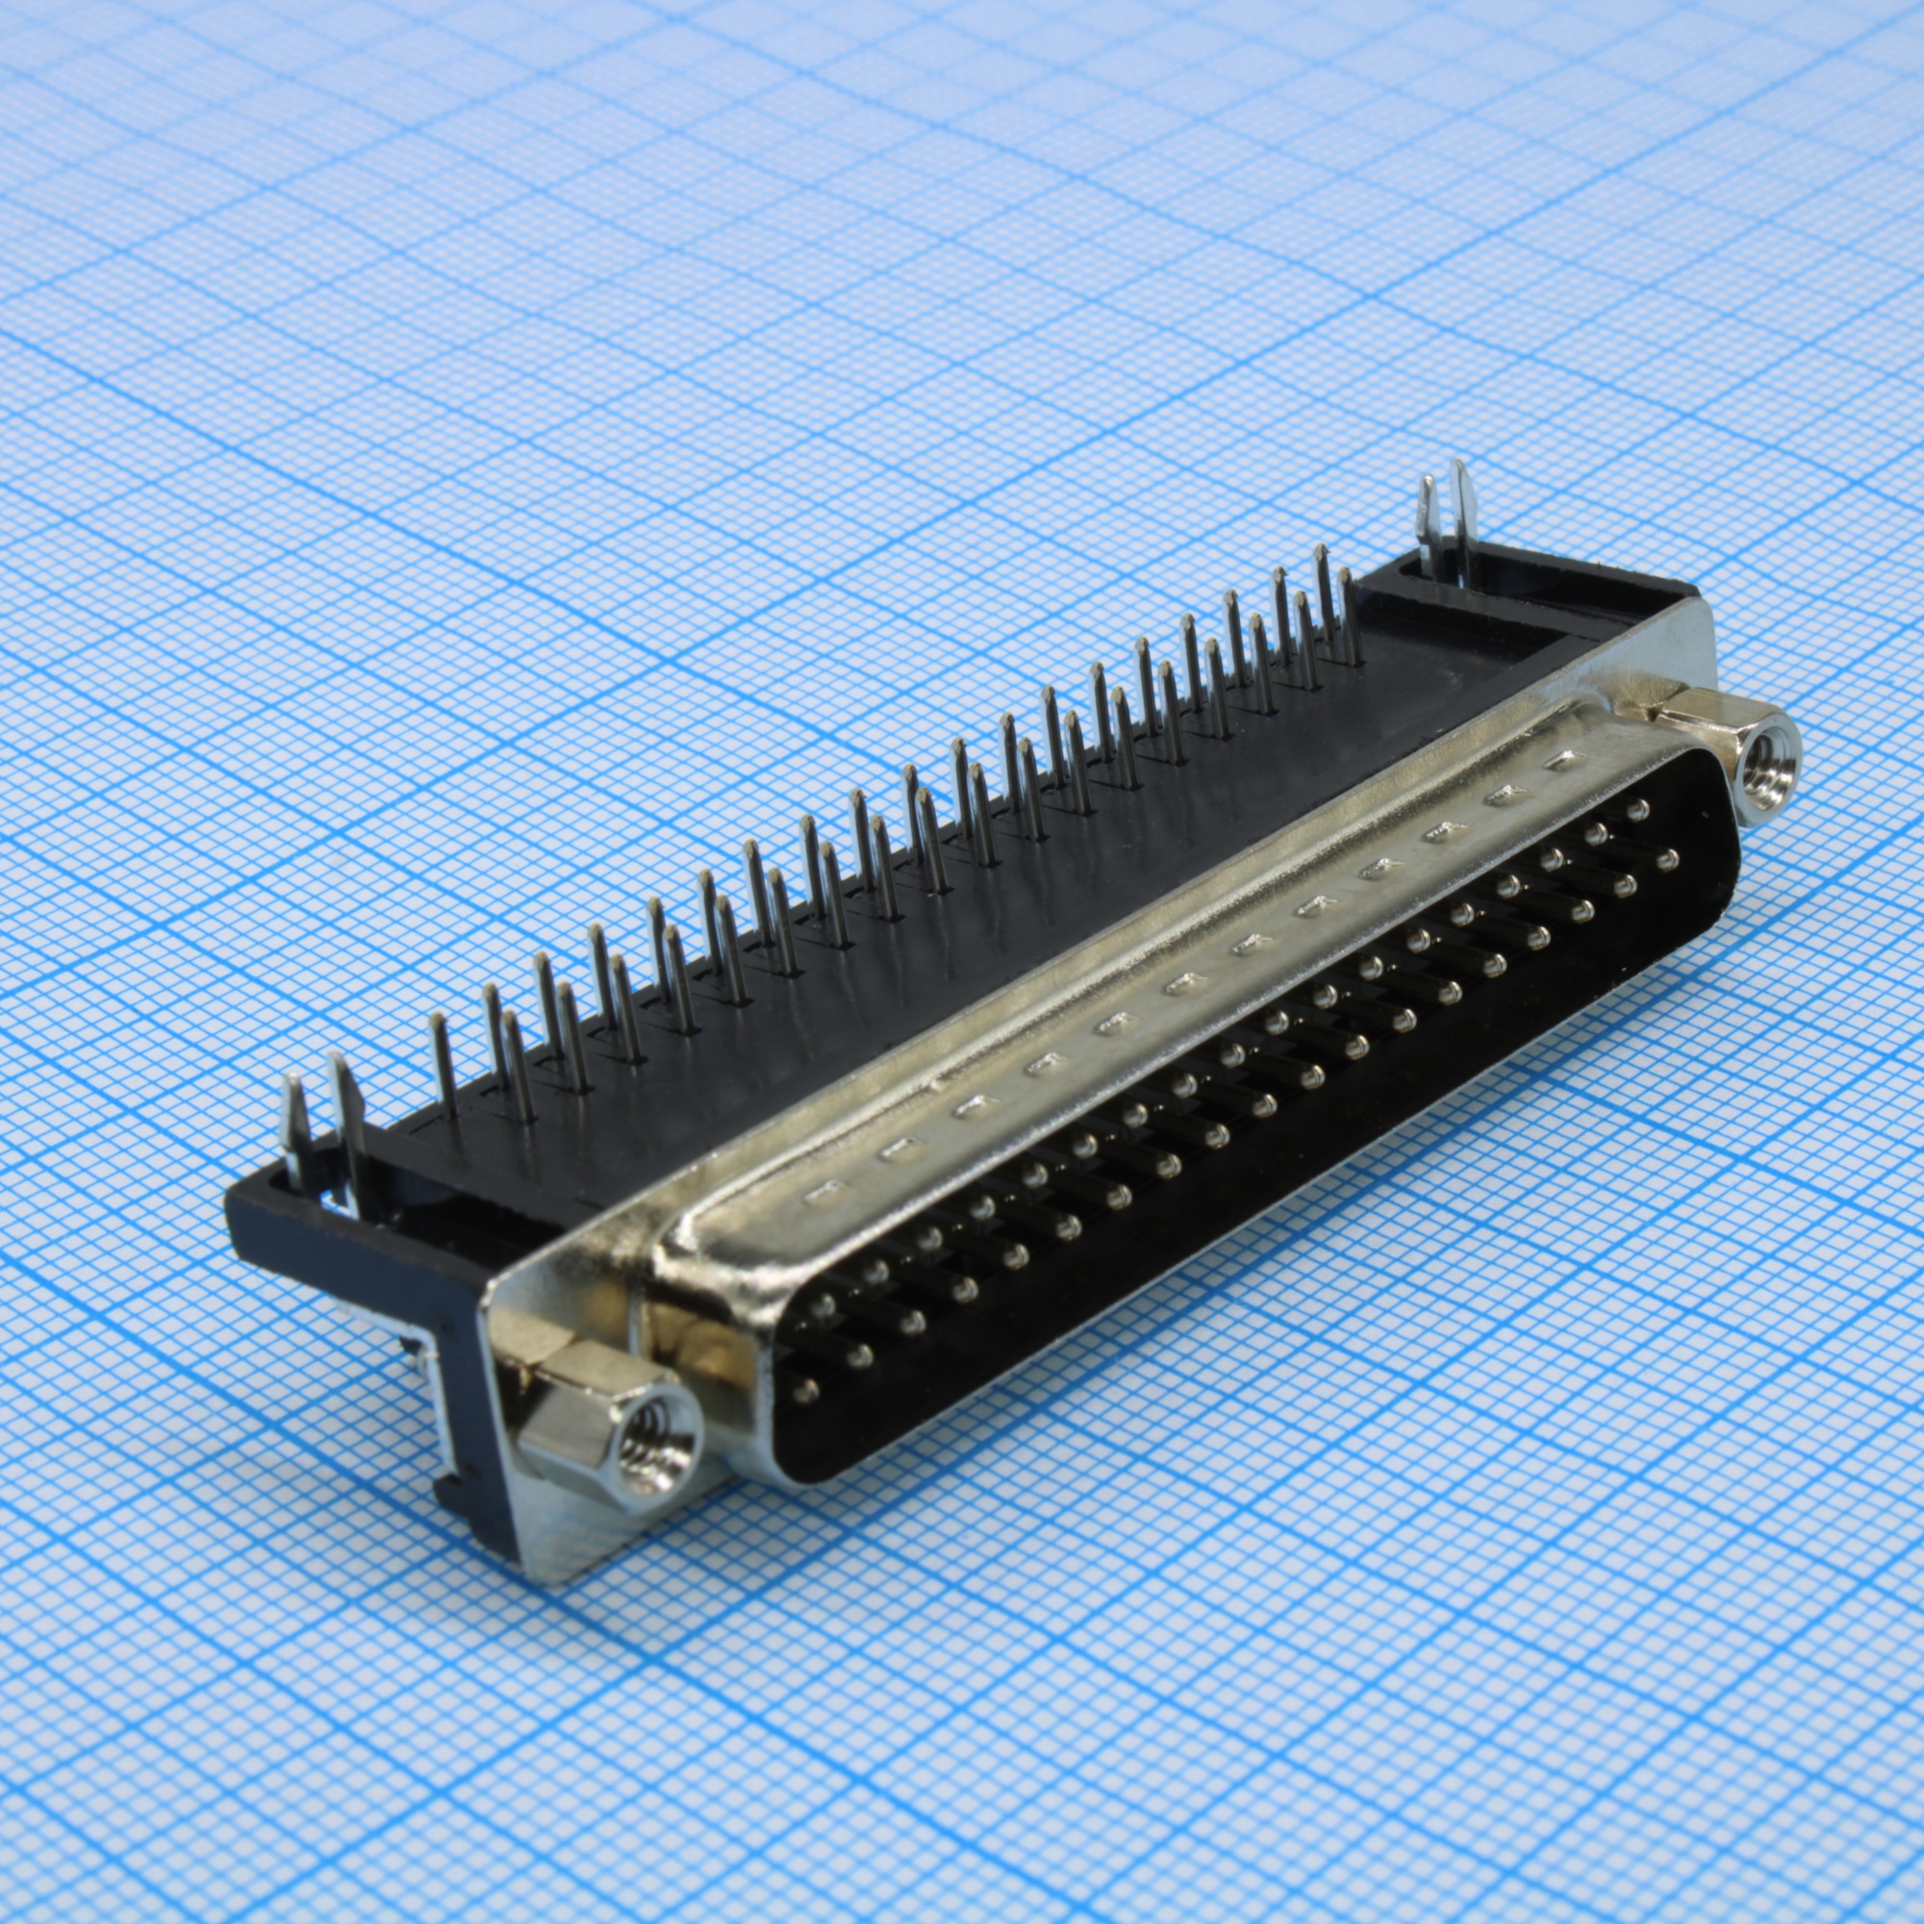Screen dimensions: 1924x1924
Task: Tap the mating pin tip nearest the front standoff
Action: (x=804, y=1389)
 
